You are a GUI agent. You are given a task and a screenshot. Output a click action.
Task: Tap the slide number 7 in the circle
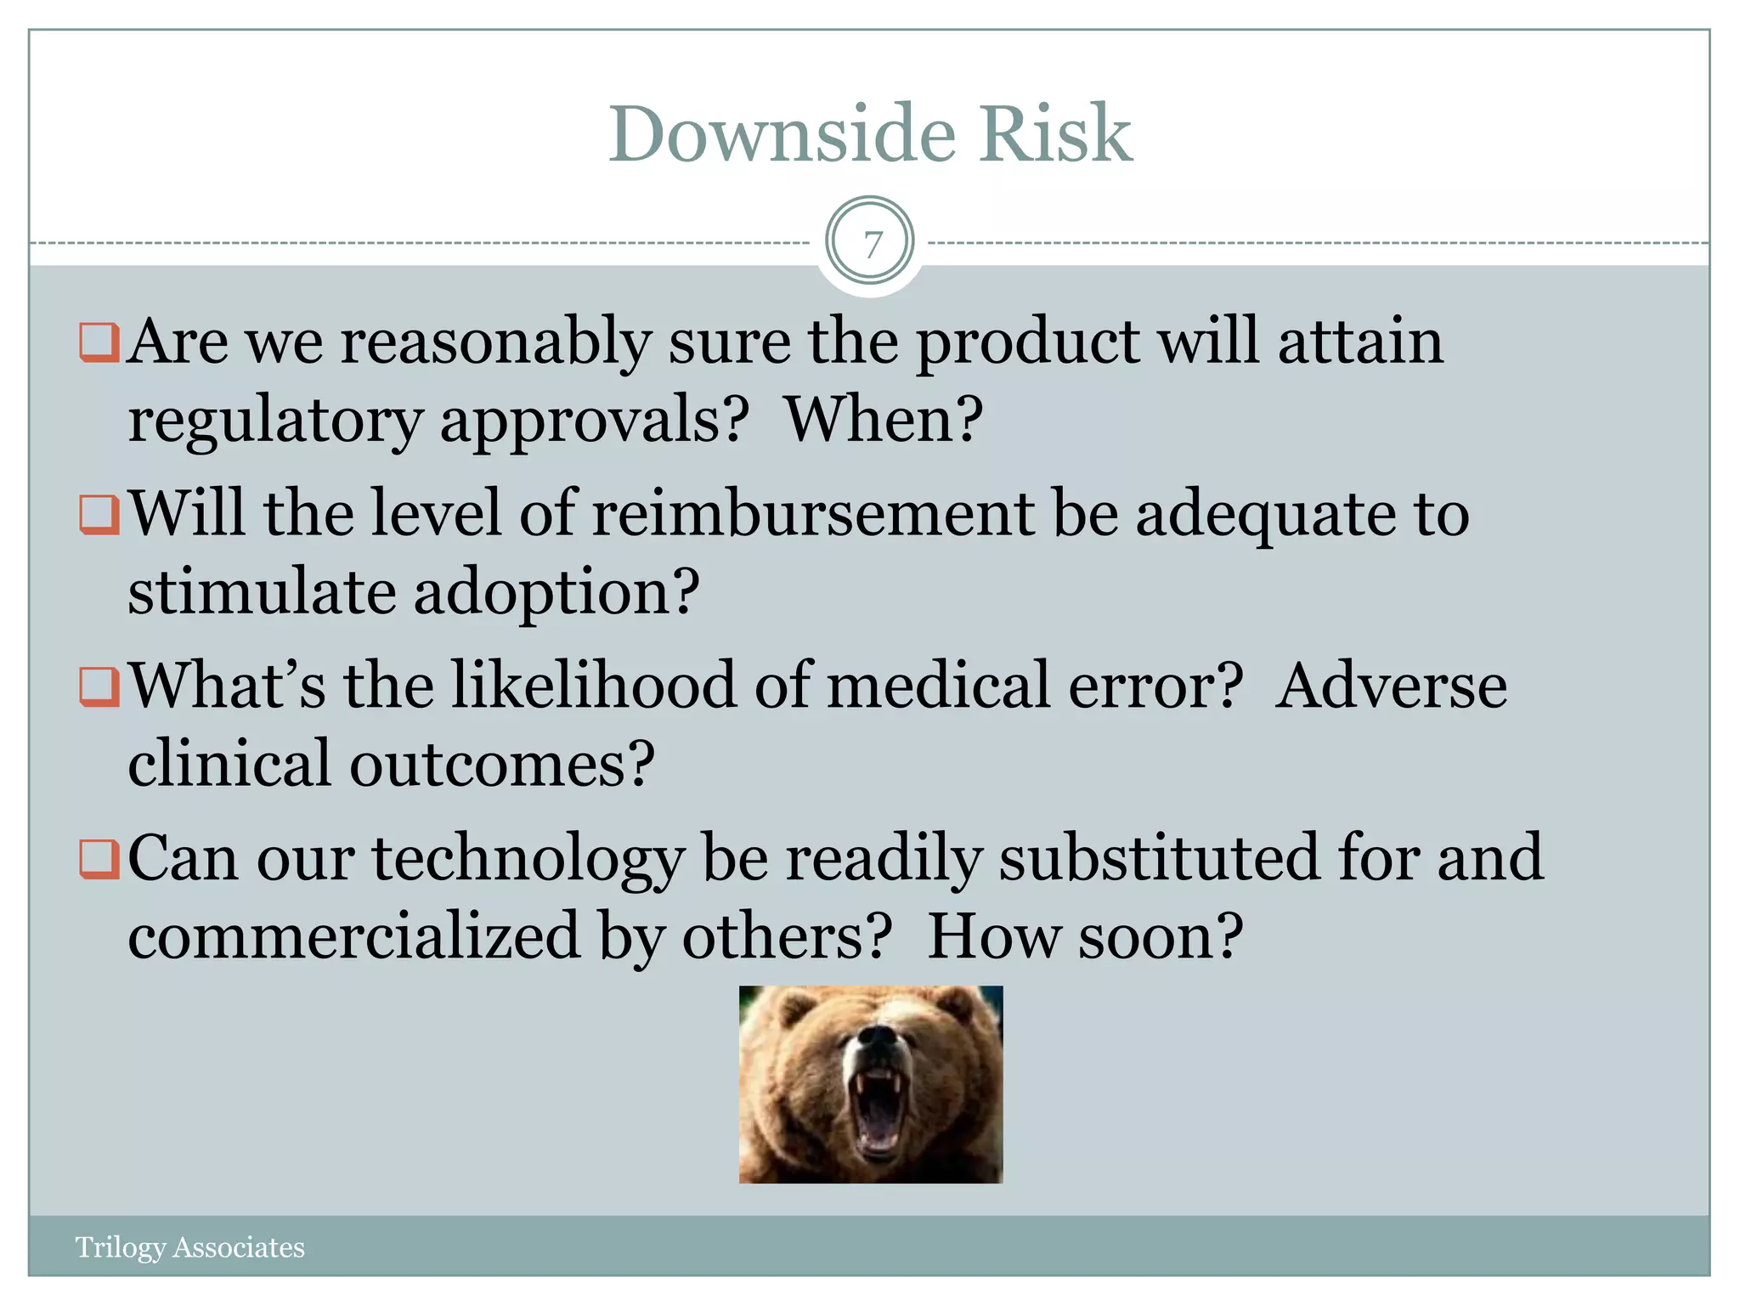click(870, 243)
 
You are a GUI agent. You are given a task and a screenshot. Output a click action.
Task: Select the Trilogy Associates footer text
click(189, 1247)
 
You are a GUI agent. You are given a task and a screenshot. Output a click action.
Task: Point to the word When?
click(884, 420)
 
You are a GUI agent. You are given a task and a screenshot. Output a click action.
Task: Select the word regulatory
click(274, 421)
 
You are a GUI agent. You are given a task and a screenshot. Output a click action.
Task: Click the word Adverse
click(1391, 686)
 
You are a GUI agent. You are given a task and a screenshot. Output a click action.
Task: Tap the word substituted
click(1159, 858)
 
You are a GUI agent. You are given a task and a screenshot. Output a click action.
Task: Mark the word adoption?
click(556, 593)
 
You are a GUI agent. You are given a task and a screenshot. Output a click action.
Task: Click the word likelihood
click(593, 686)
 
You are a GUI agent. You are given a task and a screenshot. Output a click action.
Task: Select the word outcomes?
click(501, 764)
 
